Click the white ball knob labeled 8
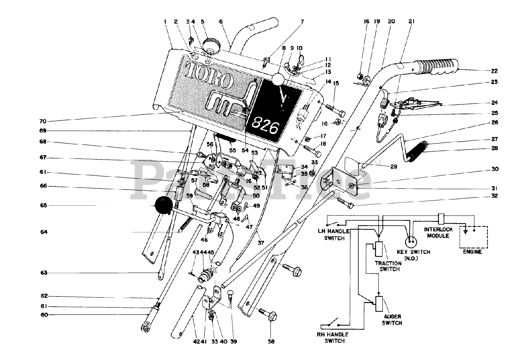point(278,80)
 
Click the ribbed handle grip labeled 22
point(436,66)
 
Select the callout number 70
point(43,121)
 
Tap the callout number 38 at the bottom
point(271,342)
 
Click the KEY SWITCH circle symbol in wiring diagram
point(411,242)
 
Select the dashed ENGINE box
point(474,237)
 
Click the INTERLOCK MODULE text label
point(438,232)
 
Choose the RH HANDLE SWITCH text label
point(332,337)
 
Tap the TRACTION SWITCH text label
point(388,266)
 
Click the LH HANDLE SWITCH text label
point(334,234)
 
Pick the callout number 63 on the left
point(44,273)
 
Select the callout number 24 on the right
point(494,102)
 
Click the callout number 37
point(261,243)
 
